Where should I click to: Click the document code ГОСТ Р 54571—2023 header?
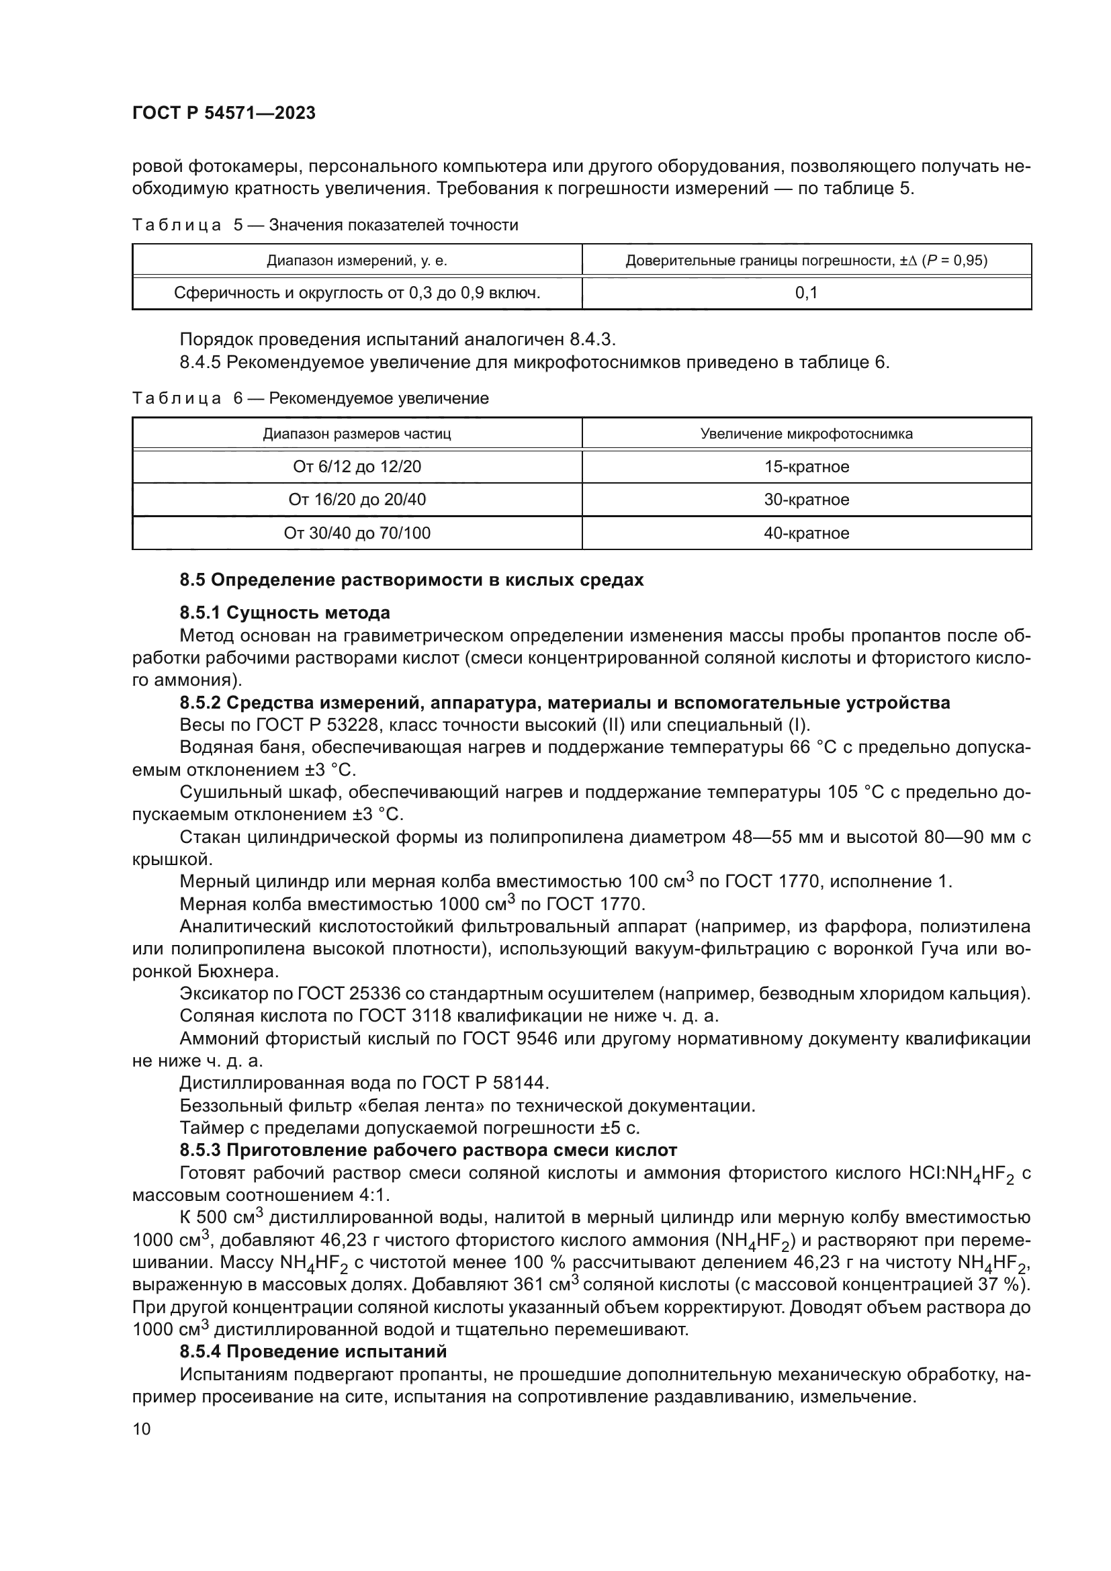(224, 114)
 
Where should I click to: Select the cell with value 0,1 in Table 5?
(806, 294)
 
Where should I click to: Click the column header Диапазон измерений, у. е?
(357, 261)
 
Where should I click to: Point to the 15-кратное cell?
(806, 467)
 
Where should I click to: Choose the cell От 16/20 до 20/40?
(357, 500)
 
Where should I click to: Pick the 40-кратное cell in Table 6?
(806, 534)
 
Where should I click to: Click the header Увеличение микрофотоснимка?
(806, 434)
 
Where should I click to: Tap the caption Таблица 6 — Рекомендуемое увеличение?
(310, 398)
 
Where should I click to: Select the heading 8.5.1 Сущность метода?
(285, 613)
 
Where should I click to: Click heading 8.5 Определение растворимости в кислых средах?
(411, 580)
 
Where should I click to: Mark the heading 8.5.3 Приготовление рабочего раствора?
(428, 1150)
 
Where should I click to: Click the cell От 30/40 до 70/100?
(357, 534)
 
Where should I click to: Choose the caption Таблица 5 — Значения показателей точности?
(325, 225)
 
